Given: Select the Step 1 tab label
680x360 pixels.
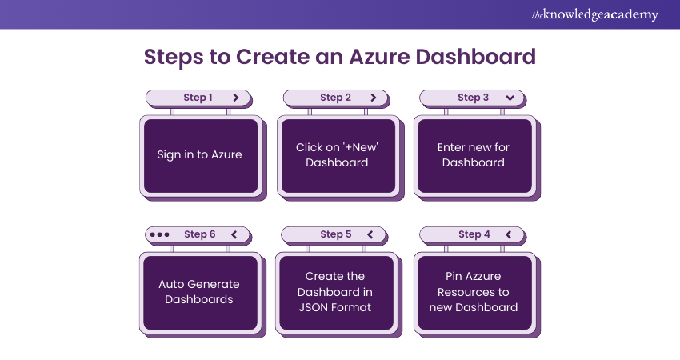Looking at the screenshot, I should [198, 98].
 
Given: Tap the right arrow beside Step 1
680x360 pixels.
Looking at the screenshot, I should [235, 98].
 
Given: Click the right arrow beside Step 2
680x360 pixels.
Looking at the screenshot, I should [373, 98].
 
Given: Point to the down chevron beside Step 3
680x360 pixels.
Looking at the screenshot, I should [510, 98].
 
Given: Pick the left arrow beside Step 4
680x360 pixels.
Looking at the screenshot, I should [508, 234].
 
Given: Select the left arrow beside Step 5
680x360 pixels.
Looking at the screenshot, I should [370, 234].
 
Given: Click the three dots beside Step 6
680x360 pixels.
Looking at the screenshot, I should [160, 234].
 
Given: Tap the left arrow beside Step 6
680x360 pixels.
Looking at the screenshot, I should [234, 234].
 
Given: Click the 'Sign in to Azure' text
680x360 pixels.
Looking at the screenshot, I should [199, 154].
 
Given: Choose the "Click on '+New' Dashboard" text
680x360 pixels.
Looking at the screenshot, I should [337, 154].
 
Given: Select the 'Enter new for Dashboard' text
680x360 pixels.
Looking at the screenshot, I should [474, 154].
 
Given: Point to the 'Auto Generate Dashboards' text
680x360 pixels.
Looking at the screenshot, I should [199, 291].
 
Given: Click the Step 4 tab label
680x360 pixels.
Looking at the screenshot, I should [474, 234].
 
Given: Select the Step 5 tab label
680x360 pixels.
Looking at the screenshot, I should [336, 234].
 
